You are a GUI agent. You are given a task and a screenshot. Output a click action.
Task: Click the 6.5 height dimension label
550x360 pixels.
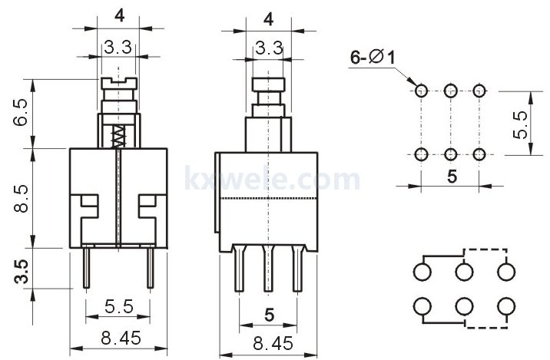[x=20, y=113]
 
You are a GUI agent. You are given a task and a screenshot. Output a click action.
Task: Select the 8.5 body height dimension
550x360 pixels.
[x=21, y=199]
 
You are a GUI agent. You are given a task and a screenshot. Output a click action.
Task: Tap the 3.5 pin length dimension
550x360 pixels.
[x=22, y=271]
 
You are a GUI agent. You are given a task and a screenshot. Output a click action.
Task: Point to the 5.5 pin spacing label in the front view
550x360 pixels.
[x=119, y=306]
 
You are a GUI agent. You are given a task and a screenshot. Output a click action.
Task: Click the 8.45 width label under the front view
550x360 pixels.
[x=121, y=338]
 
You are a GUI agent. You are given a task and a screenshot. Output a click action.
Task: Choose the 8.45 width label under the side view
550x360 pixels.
[x=273, y=344]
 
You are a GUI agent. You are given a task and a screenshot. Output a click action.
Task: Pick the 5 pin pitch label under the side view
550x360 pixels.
[x=269, y=315]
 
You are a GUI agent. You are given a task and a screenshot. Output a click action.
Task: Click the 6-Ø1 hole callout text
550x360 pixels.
[x=372, y=57]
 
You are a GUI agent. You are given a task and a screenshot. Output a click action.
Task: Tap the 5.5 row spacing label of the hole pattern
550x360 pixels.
[x=520, y=125]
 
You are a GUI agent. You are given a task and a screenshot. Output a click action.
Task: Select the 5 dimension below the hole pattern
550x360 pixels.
[x=452, y=177]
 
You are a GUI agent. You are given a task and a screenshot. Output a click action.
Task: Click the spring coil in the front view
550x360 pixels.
[x=118, y=136]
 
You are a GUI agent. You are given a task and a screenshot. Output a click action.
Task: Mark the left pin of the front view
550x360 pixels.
[x=86, y=267]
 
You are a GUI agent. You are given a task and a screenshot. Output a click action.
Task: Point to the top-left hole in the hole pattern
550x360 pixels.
[x=421, y=91]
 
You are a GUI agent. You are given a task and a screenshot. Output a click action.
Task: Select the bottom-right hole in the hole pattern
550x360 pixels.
[x=479, y=154]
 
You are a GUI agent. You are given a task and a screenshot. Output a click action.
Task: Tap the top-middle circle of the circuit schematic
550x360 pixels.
[x=464, y=271]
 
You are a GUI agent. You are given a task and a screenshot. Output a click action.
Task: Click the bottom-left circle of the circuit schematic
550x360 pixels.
[x=422, y=306]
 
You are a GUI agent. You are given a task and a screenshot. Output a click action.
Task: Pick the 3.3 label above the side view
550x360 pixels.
[x=269, y=48]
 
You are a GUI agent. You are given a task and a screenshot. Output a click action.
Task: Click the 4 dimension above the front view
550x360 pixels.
[x=120, y=16]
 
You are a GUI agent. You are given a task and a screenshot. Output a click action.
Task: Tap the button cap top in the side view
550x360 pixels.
[x=269, y=84]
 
